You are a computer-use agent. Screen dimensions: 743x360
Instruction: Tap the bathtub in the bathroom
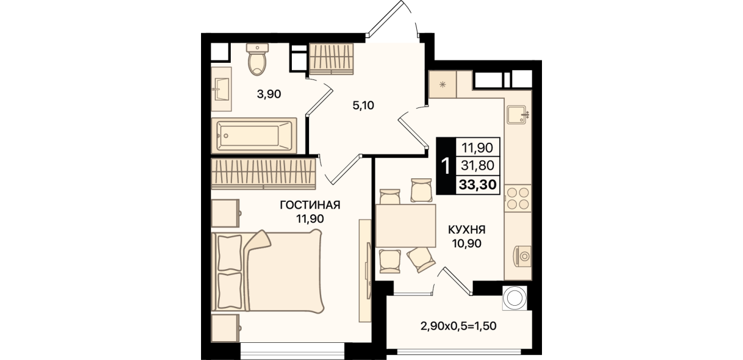(254, 135)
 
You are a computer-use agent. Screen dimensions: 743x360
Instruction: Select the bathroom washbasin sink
(222, 89)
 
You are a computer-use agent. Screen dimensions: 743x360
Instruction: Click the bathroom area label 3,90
(269, 94)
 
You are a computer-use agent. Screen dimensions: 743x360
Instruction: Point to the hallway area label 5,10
(363, 106)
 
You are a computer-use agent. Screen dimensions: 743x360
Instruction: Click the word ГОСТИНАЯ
(310, 205)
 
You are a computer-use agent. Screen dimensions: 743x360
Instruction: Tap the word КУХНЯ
(467, 230)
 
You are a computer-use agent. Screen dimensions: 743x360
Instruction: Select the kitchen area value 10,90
(467, 243)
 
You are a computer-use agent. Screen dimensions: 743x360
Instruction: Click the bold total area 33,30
(477, 185)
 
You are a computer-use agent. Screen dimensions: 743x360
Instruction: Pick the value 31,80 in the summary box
(477, 165)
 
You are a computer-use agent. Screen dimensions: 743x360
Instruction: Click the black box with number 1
(446, 166)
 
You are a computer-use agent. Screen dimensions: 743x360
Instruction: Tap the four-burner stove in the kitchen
(518, 198)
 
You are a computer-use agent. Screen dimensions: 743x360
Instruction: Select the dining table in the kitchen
(405, 226)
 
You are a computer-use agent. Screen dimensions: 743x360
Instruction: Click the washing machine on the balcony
(515, 298)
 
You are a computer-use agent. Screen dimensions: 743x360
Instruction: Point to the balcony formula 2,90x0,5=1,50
(459, 326)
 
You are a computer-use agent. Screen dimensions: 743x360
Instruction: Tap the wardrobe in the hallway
(331, 59)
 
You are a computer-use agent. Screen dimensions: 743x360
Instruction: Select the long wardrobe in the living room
(263, 174)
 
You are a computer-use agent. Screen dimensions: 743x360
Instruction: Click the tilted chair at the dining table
(420, 259)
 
